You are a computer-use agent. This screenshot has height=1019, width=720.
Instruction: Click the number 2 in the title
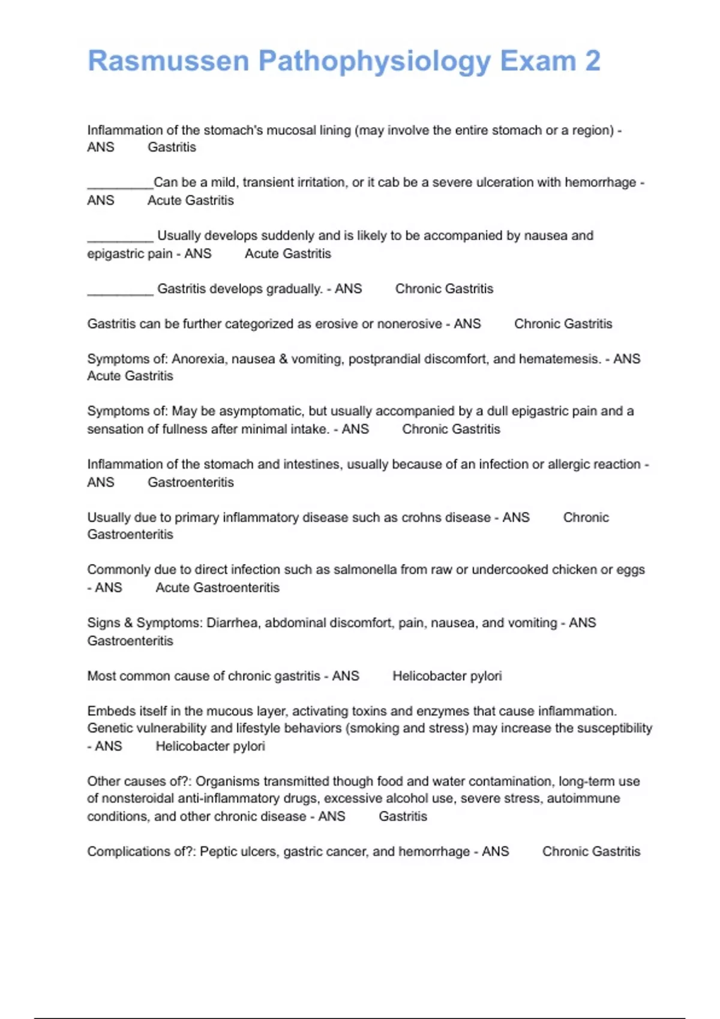point(592,61)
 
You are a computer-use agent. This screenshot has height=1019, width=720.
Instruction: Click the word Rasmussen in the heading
point(169,61)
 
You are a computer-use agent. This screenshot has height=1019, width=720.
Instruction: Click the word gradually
point(294,289)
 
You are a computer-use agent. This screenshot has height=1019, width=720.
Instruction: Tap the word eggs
point(631,570)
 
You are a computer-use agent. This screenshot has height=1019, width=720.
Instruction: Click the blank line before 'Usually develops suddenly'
point(120,239)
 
